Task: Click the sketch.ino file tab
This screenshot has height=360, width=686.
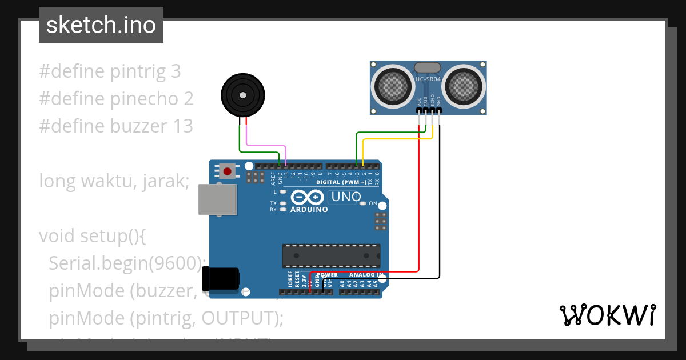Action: click(x=101, y=25)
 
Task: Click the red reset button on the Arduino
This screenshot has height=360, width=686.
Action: click(x=228, y=171)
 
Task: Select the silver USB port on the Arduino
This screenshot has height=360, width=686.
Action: click(x=217, y=199)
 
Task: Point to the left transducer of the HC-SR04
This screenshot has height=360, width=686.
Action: click(x=393, y=86)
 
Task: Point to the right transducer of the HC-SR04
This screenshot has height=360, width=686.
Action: click(x=466, y=86)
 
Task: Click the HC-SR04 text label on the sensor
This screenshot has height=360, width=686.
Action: click(x=428, y=80)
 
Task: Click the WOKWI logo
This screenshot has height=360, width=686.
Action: click(x=607, y=315)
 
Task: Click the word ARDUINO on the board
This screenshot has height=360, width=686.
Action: click(x=309, y=210)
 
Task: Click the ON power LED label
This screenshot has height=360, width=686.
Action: click(x=373, y=203)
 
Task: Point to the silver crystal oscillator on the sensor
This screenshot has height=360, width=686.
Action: click(x=428, y=67)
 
